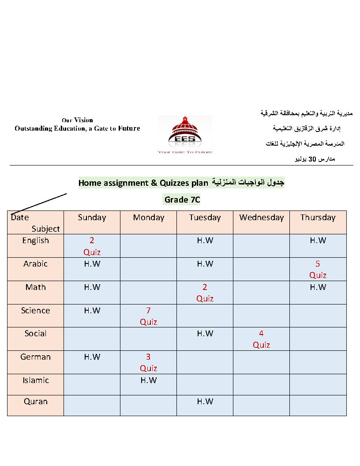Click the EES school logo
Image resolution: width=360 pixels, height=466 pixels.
(x=185, y=135)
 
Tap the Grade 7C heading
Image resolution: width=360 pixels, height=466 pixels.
(x=182, y=199)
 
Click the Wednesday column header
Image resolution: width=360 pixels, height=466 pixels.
(x=261, y=218)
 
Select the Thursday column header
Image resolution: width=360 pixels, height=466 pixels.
(x=318, y=218)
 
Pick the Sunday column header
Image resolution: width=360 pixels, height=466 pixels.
(x=92, y=218)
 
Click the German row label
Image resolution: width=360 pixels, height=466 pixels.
(x=35, y=357)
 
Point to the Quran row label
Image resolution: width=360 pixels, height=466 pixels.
(x=35, y=402)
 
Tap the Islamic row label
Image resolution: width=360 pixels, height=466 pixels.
(x=35, y=380)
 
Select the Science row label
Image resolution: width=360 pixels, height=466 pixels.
(x=35, y=311)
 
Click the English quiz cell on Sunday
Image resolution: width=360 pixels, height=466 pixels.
(x=92, y=246)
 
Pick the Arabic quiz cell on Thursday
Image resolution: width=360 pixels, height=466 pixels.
(x=318, y=270)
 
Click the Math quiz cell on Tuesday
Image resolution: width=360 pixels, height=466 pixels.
(x=205, y=293)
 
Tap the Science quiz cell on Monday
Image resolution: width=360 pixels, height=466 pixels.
(x=148, y=316)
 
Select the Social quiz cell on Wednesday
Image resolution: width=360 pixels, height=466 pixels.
(x=261, y=339)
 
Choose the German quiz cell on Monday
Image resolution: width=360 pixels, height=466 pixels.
(x=148, y=363)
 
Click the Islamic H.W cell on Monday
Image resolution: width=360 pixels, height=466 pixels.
(x=148, y=380)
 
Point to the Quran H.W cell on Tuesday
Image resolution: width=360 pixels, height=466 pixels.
(x=205, y=402)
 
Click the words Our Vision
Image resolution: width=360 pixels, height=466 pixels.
(x=77, y=120)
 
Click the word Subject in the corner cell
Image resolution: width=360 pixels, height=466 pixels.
(x=45, y=229)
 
